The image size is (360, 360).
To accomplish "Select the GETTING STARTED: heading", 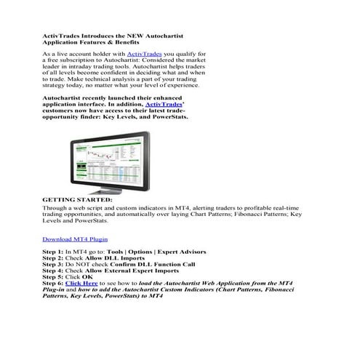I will click(x=77, y=199).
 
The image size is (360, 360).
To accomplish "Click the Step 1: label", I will click(x=53, y=252).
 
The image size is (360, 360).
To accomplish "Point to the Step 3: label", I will click(x=53, y=265).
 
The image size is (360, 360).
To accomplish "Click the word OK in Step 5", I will click(x=87, y=278).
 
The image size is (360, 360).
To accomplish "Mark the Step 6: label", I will click(x=53, y=284).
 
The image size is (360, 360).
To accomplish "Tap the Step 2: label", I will click(x=53, y=258).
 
